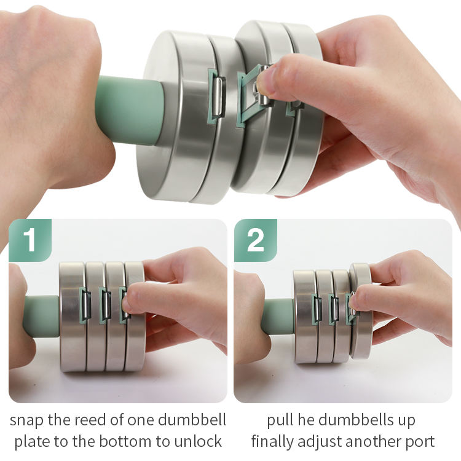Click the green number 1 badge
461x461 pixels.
point(30,240)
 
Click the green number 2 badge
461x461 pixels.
point(256,240)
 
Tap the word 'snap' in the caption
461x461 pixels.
point(26,420)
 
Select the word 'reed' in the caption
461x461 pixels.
point(90,420)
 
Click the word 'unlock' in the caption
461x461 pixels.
point(198,441)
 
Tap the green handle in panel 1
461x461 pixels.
point(42,317)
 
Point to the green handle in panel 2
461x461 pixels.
point(278,317)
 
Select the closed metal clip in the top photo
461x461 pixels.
point(218,97)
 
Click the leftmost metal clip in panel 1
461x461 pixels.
point(85,305)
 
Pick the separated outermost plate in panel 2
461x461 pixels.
point(361,311)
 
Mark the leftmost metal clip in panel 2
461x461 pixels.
point(317,310)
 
